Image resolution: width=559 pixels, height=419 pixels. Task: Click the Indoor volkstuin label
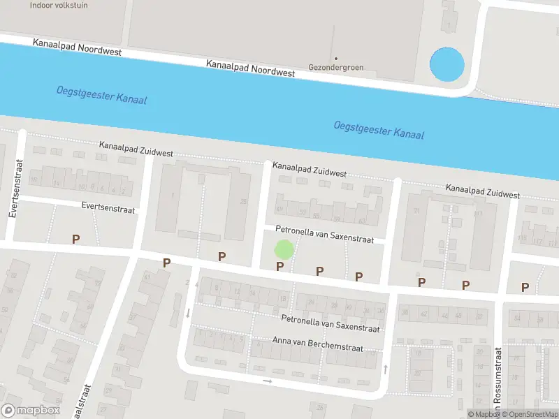59,5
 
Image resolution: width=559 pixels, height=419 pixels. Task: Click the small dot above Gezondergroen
335,58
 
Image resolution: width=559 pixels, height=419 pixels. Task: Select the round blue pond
446,64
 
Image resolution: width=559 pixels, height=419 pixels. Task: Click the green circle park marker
283,249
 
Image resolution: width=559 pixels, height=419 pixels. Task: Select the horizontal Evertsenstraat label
108,207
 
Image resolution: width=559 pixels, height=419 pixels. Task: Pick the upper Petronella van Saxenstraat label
324,234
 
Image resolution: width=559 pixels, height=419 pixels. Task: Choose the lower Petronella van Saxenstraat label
330,323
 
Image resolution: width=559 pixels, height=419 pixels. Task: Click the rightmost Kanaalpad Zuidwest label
483,191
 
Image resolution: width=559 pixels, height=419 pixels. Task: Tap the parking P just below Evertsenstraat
75,239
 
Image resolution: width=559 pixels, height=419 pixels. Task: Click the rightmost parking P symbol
525,287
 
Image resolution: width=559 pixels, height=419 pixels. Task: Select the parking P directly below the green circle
280,266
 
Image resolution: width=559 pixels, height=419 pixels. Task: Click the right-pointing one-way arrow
267,381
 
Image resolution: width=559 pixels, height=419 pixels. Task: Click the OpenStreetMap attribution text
527,414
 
